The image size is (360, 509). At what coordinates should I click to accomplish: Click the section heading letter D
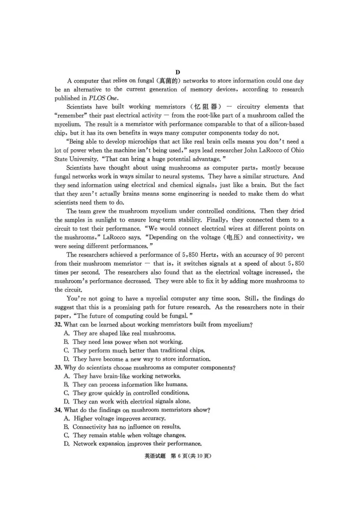pyautogui.click(x=177, y=72)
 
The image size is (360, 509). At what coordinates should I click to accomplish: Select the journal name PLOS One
pyautogui.click(x=103, y=98)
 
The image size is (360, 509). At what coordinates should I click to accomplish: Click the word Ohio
pyautogui.click(x=297, y=150)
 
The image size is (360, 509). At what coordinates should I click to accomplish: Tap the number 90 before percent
pyautogui.click(x=279, y=255)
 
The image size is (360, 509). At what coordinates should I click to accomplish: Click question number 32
pyautogui.click(x=58, y=325)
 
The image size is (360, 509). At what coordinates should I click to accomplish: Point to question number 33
pyautogui.click(x=58, y=368)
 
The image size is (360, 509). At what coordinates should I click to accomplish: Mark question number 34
pyautogui.click(x=58, y=410)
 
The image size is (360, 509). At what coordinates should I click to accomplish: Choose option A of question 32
pyautogui.click(x=67, y=333)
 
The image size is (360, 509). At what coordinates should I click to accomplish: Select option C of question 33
pyautogui.click(x=67, y=393)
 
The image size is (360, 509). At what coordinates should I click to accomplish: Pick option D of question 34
pyautogui.click(x=67, y=444)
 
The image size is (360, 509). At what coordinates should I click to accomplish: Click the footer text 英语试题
pyautogui.click(x=155, y=456)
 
